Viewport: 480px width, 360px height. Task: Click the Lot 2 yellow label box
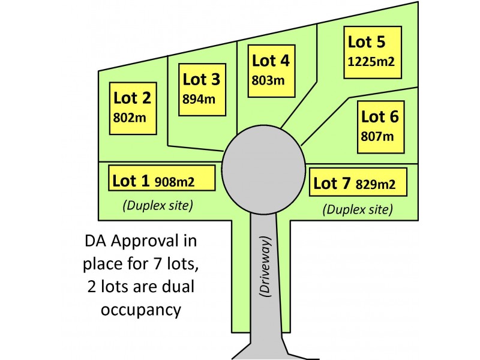tap(133, 109)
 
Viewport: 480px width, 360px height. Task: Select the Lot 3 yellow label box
tap(202, 89)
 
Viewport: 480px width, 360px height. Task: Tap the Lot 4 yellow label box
tap(272, 71)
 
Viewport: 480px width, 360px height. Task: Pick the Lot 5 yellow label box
tap(373, 52)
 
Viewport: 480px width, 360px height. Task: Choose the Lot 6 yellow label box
tap(381, 127)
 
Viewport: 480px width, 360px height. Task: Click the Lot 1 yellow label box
tap(161, 178)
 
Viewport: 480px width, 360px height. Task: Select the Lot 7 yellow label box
tap(358, 182)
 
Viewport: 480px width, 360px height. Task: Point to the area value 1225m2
tap(371, 62)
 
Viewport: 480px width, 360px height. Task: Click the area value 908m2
tap(175, 182)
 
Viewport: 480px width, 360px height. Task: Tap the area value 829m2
tap(376, 184)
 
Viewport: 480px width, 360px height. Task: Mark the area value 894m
tap(199, 99)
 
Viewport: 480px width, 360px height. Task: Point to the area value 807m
tap(377, 137)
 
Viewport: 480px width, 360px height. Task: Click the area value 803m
tap(268, 80)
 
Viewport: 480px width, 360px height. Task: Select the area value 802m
tap(130, 118)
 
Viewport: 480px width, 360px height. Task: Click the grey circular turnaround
tap(263, 170)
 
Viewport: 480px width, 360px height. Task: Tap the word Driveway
tap(265, 266)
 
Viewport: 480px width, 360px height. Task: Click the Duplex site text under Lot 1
tap(158, 205)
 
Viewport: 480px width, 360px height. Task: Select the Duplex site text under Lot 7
tap(358, 209)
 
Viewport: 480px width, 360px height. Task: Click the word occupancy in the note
tap(141, 310)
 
